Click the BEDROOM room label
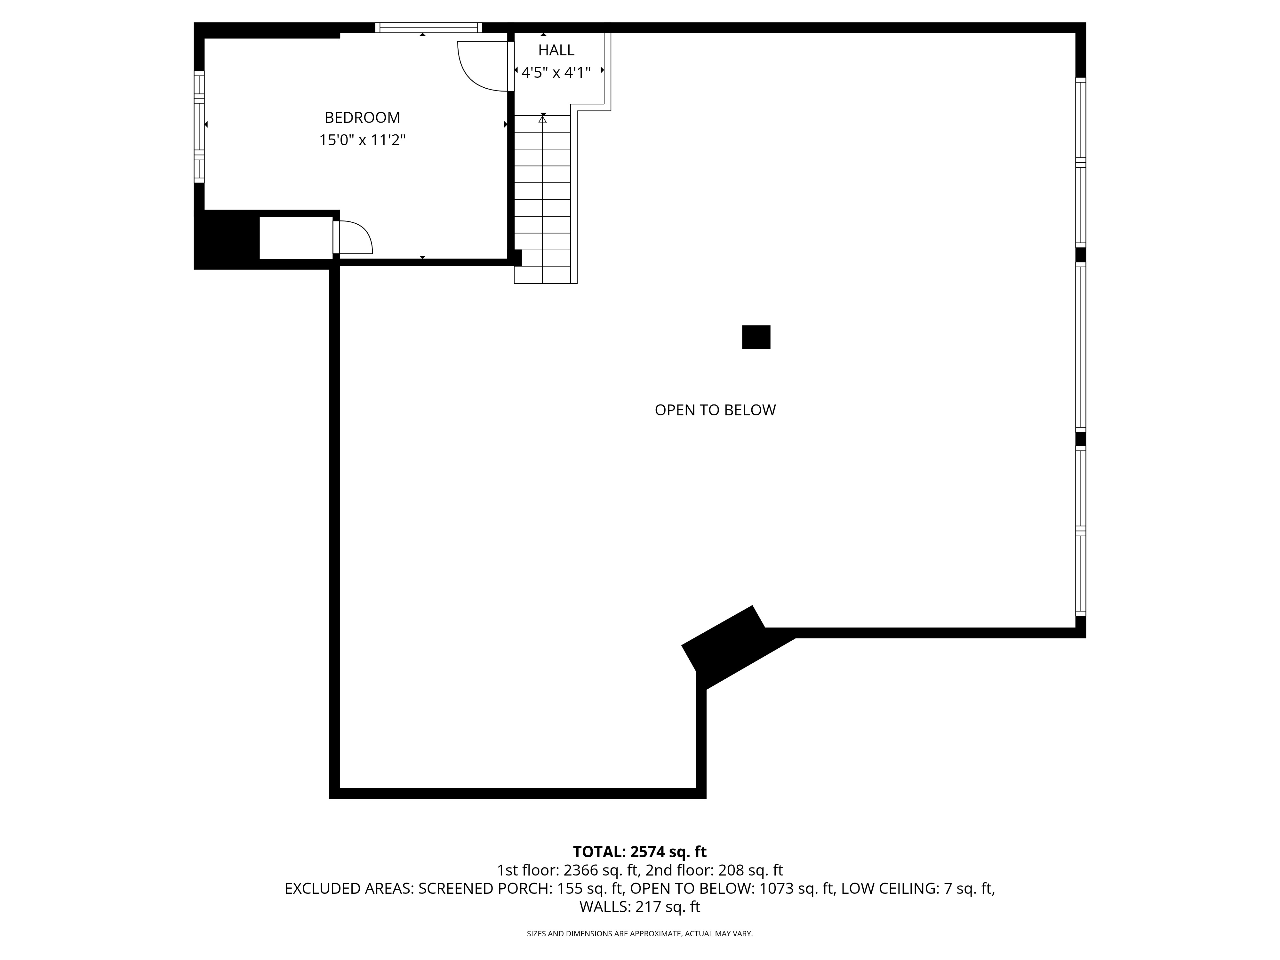(362, 117)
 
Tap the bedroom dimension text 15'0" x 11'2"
(362, 140)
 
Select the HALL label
(556, 50)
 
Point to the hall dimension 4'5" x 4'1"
(556, 72)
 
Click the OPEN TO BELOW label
(715, 410)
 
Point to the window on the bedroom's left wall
(199, 127)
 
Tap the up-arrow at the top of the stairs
(543, 119)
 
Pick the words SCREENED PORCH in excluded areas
(483, 889)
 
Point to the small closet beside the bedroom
(296, 238)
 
